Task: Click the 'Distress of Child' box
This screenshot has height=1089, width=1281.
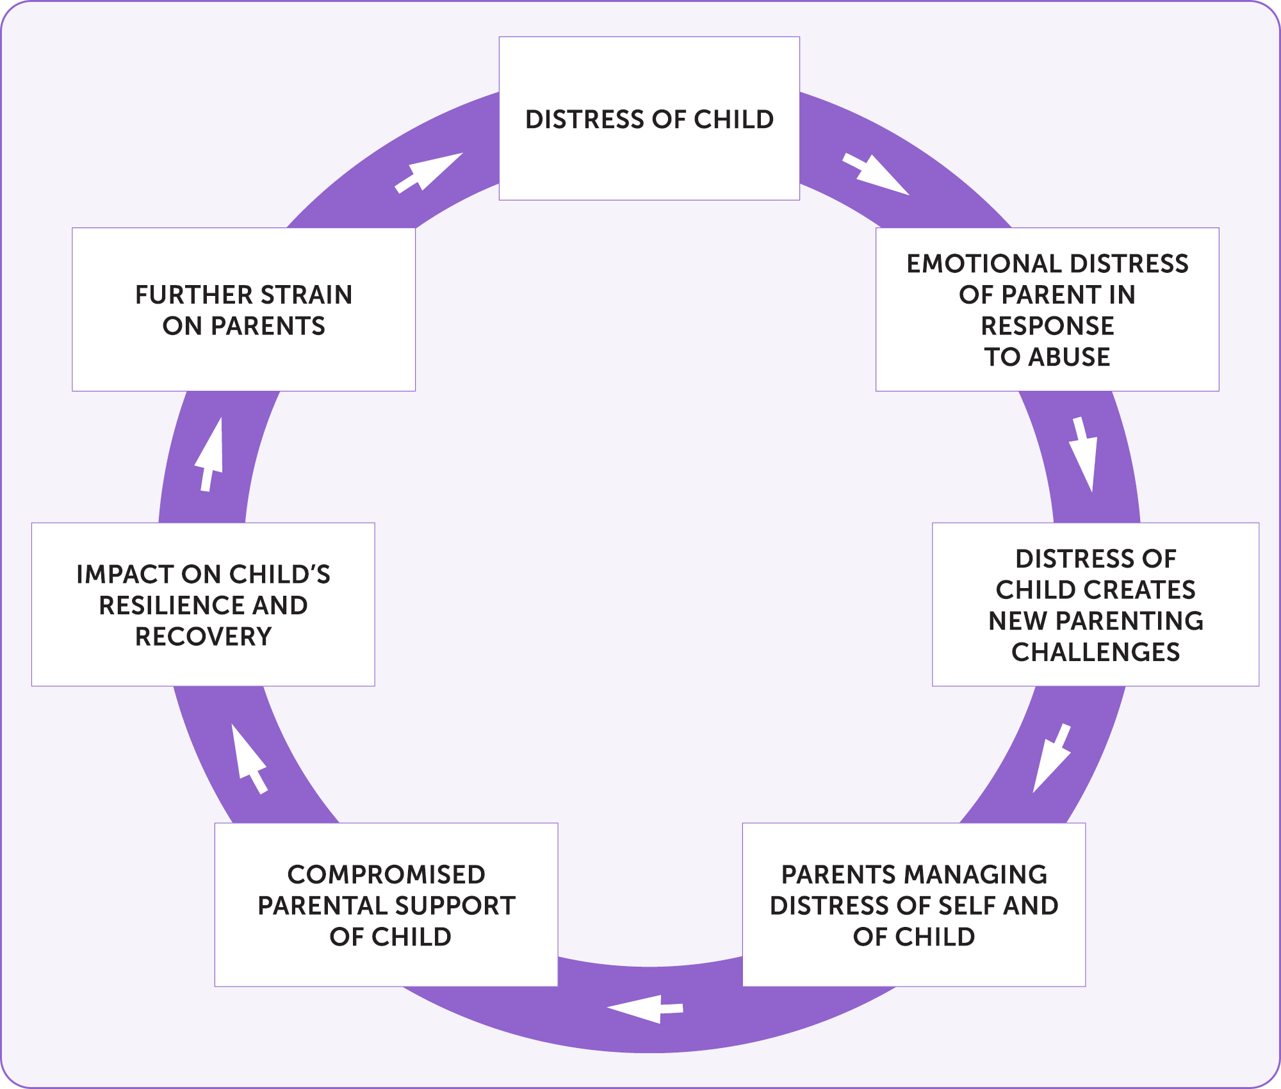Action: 649,119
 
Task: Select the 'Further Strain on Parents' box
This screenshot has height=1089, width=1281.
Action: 243,309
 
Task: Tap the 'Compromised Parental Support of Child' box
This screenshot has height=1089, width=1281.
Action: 386,905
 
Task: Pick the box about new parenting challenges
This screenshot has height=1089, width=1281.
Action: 1095,604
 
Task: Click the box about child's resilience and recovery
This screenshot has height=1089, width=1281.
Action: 203,604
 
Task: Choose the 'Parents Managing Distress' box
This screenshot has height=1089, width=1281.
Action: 914,905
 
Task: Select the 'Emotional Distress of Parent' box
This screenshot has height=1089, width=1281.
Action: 1047,309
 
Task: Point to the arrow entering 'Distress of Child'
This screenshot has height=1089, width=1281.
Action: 428,172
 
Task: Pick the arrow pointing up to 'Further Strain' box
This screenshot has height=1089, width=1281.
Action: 209,454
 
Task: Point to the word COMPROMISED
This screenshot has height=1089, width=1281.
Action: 386,874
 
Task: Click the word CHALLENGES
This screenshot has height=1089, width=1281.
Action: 1095,652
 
